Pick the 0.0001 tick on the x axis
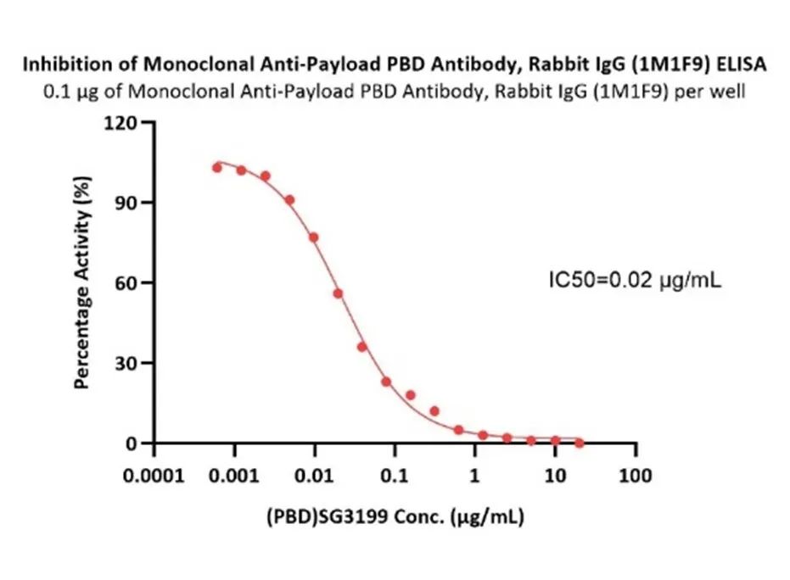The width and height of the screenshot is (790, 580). (x=154, y=475)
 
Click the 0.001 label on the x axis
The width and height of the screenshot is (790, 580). (x=234, y=475)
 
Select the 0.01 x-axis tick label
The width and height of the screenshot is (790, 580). (x=314, y=475)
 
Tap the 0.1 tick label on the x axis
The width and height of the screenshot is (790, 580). (x=395, y=475)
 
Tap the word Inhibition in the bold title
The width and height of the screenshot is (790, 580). (x=59, y=64)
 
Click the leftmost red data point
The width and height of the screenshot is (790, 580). (x=217, y=168)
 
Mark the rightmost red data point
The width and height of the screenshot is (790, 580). (x=580, y=443)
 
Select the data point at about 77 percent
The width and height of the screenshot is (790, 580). (x=314, y=237)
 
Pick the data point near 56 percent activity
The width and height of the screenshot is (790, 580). (x=338, y=293)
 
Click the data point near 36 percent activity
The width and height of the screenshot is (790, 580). (x=361, y=347)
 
